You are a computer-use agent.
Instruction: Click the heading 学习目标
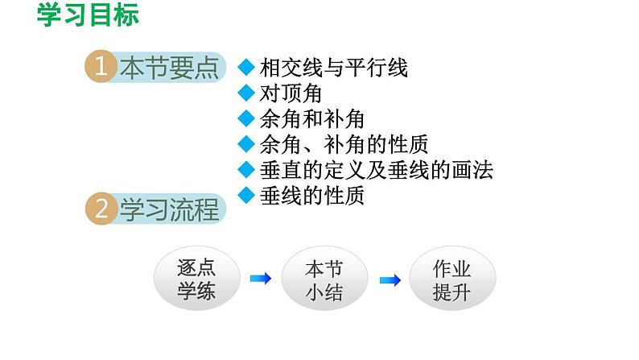pos(89,15)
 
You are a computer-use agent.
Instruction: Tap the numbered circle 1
pos(101,68)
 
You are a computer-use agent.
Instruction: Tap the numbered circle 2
pos(101,211)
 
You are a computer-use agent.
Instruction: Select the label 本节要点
pos(169,68)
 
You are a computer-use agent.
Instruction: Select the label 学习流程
pos(169,211)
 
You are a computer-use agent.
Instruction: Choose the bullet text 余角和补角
pos(312,119)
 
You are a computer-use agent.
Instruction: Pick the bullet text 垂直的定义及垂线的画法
pos(377,170)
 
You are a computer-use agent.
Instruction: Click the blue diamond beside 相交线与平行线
pos(246,67)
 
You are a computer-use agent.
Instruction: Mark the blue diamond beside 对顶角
pos(246,93)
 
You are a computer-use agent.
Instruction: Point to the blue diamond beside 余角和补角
pos(246,118)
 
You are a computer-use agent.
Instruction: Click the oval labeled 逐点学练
pos(196,279)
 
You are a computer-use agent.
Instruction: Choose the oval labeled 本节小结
pos(324,279)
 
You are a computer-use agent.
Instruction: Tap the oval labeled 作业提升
pos(452,279)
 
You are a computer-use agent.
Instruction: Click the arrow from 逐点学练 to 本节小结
pos(261,279)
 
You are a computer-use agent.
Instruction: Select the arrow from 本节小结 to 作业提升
pos(390,279)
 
